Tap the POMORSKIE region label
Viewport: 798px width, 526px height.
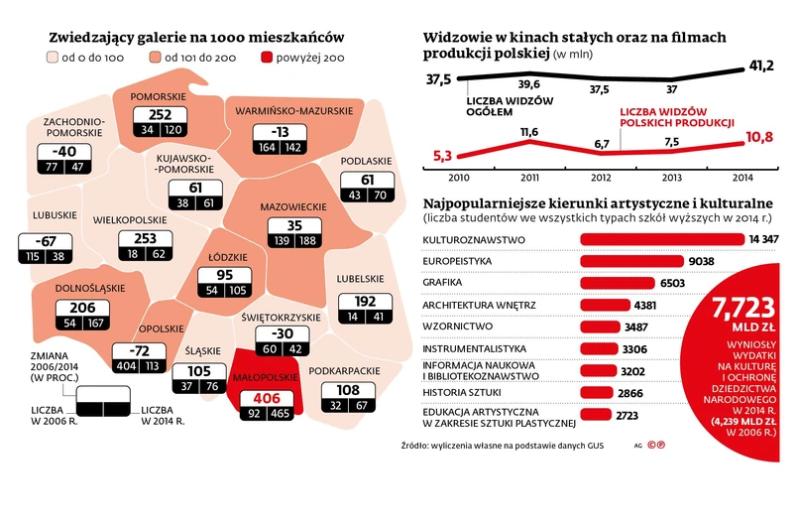159,96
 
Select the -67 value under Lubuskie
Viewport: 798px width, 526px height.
47,241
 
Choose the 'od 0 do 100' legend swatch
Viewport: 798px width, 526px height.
53,59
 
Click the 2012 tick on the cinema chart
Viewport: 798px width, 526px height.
602,177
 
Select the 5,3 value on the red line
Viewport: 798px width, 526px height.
443,155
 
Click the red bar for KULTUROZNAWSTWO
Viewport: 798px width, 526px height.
660,239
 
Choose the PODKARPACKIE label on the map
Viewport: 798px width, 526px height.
345,370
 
